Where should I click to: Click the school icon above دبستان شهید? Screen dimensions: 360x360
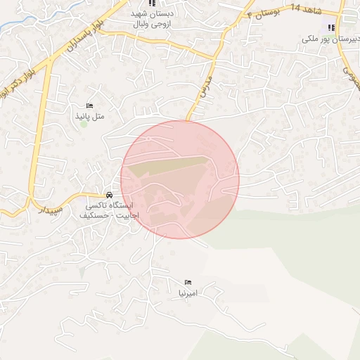coord(153,4)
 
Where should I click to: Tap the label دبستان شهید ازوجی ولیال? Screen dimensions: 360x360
coord(153,19)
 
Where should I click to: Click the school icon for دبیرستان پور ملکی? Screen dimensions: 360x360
coord(330,27)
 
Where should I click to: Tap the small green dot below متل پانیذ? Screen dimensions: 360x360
coord(84,124)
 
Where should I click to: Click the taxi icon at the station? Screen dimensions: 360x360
coord(109,195)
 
